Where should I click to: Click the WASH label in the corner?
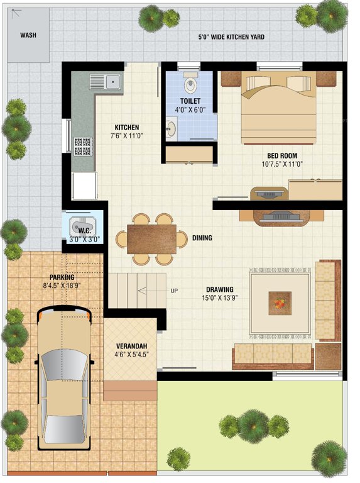tap(28, 35)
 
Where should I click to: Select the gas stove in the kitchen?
tap(82, 147)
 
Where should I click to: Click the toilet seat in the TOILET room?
tap(190, 84)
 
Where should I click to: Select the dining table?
tap(151, 239)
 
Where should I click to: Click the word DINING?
tap(202, 238)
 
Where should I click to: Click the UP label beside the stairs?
tap(174, 291)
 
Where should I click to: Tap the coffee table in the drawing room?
tap(280, 303)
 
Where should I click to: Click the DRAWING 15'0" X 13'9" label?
tap(219, 294)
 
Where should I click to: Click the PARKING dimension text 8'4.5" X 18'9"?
tap(62, 286)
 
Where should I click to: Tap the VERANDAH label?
tap(131, 347)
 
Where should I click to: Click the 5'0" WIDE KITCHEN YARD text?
tap(231, 37)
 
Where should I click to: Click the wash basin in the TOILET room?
tap(171, 130)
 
